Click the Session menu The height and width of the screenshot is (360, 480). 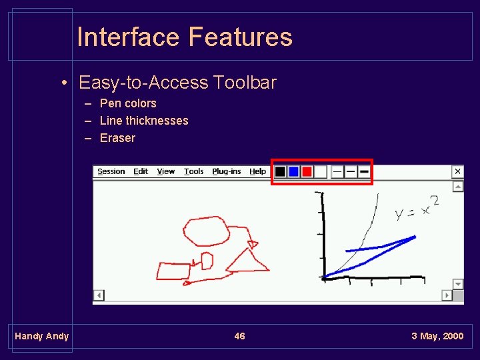[x=111, y=171]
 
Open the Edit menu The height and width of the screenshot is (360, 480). [x=141, y=171]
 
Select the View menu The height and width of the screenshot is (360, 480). [x=166, y=171]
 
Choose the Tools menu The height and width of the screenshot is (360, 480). [x=194, y=171]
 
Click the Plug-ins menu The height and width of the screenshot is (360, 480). [x=227, y=171]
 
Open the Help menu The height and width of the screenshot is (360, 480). [x=257, y=171]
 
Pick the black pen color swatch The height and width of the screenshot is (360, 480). [x=281, y=172]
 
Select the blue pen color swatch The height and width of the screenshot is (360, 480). [x=293, y=172]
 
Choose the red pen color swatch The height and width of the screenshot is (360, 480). [x=307, y=172]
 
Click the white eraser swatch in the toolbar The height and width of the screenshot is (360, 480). [x=320, y=172]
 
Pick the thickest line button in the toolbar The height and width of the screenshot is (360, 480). [x=364, y=172]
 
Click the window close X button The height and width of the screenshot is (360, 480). [x=457, y=171]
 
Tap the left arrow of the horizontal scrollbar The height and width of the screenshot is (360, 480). [x=99, y=295]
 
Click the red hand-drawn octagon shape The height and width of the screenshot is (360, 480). [x=205, y=231]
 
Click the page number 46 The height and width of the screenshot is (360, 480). [x=240, y=336]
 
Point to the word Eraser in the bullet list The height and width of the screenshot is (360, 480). [x=117, y=138]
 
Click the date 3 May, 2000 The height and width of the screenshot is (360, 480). [x=437, y=336]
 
